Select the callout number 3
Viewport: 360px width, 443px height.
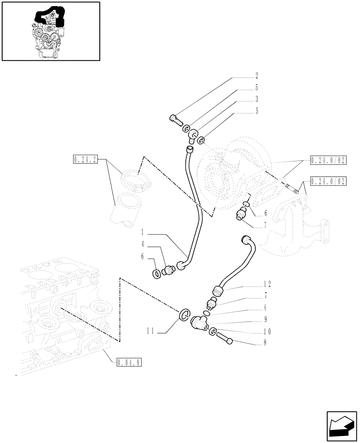[256, 99]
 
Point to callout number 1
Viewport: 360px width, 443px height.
[143, 232]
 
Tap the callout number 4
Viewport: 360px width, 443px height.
[143, 243]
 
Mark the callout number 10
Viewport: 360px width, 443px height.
[267, 331]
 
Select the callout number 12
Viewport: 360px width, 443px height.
[267, 284]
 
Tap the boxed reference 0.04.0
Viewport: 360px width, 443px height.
[129, 362]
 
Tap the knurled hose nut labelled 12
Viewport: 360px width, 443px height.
[217, 291]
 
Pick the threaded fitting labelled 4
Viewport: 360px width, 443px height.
[169, 270]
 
